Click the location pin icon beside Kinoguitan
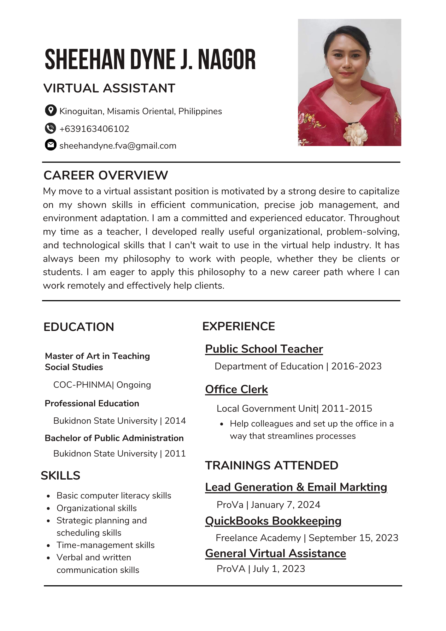(50, 110)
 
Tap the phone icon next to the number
(50, 128)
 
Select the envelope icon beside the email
(50, 145)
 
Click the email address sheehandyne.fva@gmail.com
(118, 146)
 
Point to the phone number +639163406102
(94, 129)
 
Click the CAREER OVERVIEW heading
(106, 175)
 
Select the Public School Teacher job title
(264, 349)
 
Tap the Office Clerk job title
(237, 389)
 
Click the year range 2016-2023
(356, 366)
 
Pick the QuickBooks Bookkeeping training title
(273, 521)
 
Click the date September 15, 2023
(354, 538)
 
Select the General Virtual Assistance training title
(275, 553)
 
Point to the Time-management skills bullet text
(106, 545)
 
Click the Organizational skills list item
(97, 508)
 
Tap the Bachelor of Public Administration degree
(114, 438)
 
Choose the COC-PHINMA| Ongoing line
(102, 385)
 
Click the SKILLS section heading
(61, 475)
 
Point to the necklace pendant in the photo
(350, 102)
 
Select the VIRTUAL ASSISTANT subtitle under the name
(109, 88)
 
